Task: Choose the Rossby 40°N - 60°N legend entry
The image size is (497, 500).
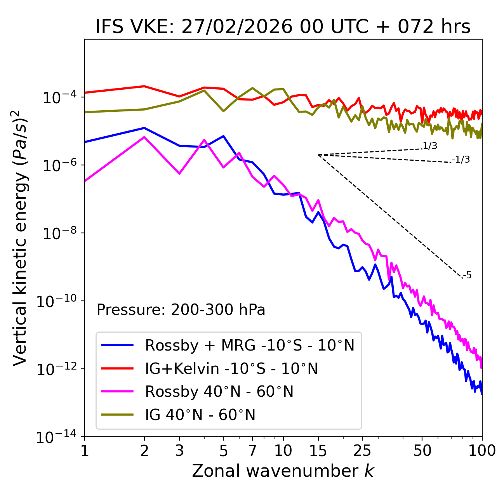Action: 219,392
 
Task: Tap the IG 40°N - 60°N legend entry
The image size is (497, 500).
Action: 200,415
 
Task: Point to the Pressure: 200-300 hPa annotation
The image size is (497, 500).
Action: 181,310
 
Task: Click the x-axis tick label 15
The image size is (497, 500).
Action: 318,451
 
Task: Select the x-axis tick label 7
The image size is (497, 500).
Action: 252,451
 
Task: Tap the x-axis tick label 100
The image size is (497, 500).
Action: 481,451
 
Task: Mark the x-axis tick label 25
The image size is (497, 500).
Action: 362,451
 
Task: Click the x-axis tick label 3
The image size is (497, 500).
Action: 179,451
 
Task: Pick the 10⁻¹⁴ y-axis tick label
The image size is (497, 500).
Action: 57,437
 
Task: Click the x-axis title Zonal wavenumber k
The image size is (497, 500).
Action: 283,471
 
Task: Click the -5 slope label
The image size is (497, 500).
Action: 467,276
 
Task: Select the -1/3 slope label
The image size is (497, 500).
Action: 461,160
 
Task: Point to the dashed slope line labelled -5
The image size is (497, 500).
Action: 390,216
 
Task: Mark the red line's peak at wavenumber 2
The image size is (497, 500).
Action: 144,86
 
